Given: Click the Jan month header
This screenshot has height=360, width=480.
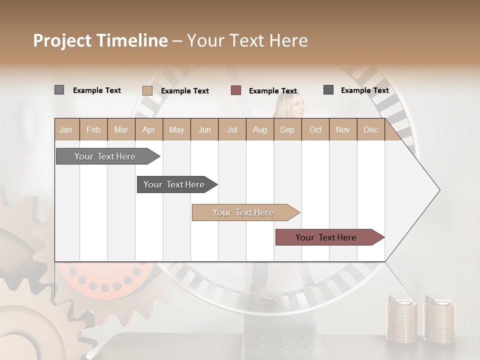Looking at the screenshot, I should pyautogui.click(x=66, y=129).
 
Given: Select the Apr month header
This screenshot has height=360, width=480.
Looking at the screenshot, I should pyautogui.click(x=148, y=129).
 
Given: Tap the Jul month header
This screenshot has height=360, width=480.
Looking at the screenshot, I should pyautogui.click(x=232, y=129).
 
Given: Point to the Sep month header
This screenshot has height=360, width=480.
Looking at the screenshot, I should pyautogui.click(x=287, y=129).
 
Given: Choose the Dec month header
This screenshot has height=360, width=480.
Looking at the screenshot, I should pyautogui.click(x=370, y=129).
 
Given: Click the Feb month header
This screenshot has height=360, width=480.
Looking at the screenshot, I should pyautogui.click(x=93, y=129).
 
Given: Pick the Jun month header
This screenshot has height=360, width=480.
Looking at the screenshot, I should pyautogui.click(x=204, y=129).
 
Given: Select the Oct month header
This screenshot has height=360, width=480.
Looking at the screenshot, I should pyautogui.click(x=315, y=129).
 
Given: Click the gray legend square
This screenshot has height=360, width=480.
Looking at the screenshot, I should pyautogui.click(x=59, y=90).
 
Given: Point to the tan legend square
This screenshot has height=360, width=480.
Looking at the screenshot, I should pyautogui.click(x=147, y=90).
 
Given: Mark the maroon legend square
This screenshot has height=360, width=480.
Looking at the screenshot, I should pyautogui.click(x=236, y=90).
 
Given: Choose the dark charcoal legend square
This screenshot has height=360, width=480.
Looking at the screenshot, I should pyautogui.click(x=328, y=90).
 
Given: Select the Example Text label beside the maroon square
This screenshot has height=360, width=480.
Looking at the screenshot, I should pyautogui.click(x=273, y=91).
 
